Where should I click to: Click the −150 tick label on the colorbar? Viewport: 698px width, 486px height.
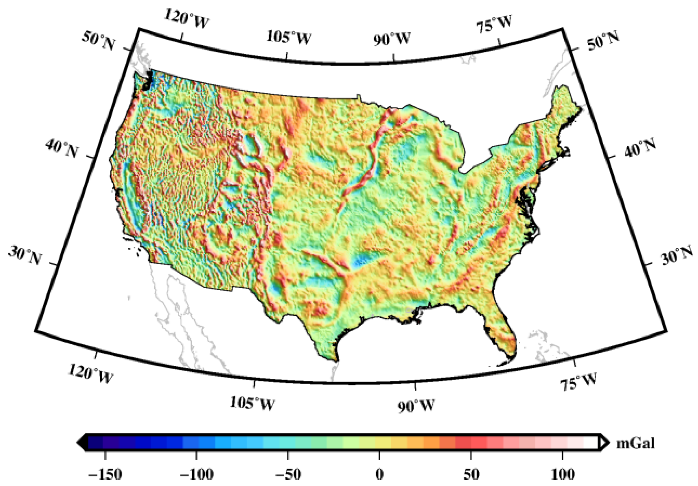click(105, 474)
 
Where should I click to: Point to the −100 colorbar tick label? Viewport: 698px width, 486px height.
click(196, 474)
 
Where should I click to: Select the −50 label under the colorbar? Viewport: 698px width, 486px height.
click(288, 474)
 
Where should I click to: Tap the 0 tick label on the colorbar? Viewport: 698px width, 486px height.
click(379, 474)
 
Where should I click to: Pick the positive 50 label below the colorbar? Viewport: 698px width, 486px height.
click(471, 474)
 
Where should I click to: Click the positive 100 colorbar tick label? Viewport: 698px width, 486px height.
click(563, 474)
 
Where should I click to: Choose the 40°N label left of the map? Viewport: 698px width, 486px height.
click(62, 148)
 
